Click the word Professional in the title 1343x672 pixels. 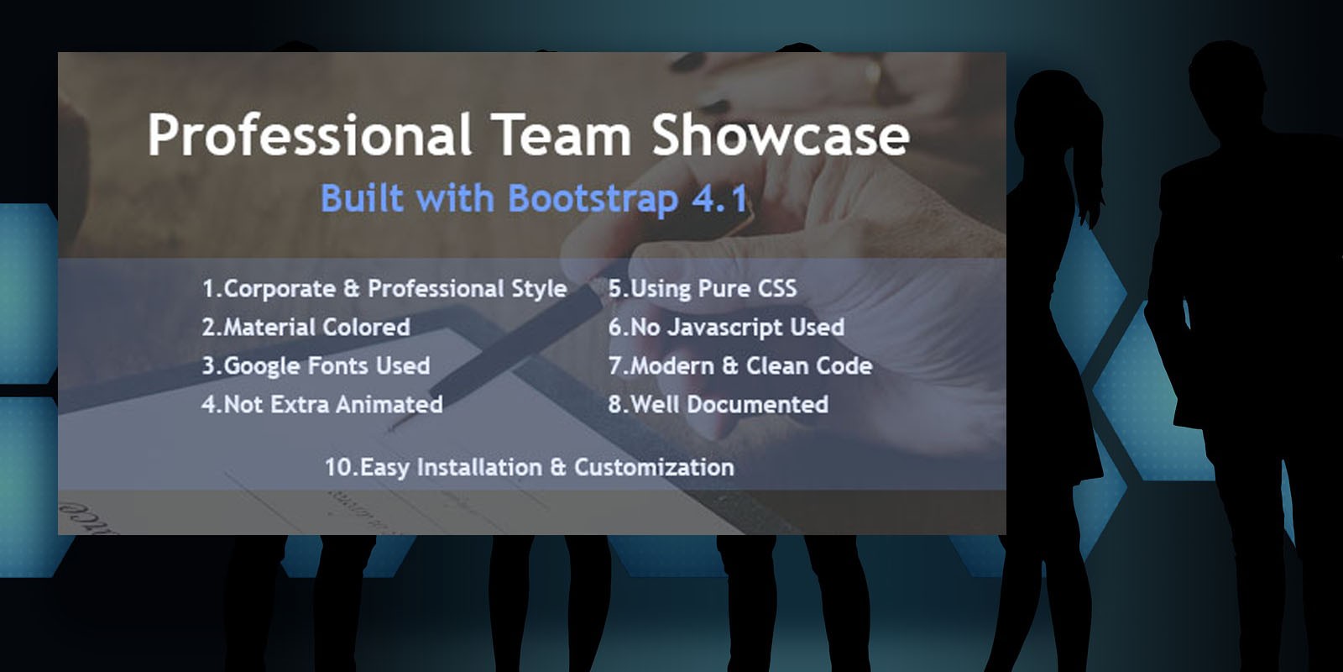(x=309, y=136)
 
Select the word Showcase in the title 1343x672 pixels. (x=781, y=135)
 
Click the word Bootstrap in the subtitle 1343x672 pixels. (x=593, y=198)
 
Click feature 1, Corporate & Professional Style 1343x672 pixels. (x=384, y=289)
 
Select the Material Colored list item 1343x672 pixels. (x=306, y=327)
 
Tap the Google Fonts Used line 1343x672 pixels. (x=316, y=366)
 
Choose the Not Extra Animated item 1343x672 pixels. (x=322, y=404)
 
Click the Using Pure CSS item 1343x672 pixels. (x=703, y=289)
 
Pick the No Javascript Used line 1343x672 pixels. (x=726, y=328)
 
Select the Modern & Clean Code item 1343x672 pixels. (x=740, y=366)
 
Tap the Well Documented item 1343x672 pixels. (x=719, y=404)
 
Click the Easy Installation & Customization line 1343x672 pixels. (x=530, y=467)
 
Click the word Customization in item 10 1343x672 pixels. (x=654, y=467)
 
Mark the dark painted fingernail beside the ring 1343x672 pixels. (x=689, y=62)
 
